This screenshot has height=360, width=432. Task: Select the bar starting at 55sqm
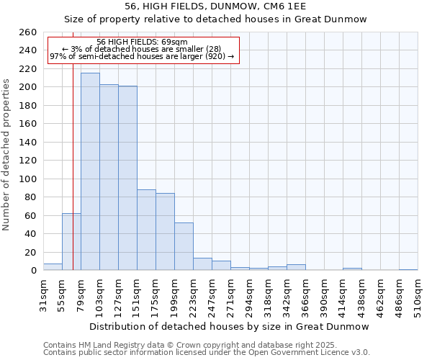click(x=71, y=242)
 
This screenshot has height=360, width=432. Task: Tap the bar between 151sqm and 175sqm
click(x=146, y=230)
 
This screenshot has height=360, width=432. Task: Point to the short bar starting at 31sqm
click(x=53, y=267)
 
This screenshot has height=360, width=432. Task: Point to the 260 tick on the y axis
click(x=29, y=32)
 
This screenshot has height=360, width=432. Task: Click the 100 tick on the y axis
click(x=29, y=179)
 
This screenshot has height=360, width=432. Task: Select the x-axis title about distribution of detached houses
click(x=230, y=326)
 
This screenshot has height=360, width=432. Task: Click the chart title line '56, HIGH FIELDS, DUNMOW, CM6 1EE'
click(x=215, y=6)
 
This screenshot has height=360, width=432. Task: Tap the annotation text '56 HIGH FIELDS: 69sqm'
click(x=142, y=42)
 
